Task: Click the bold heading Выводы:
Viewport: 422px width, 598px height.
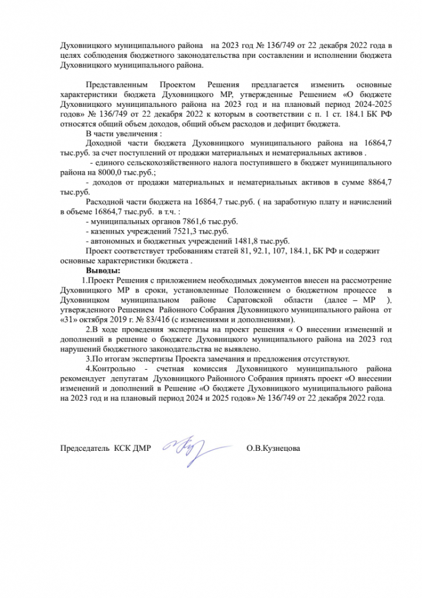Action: pos(103,272)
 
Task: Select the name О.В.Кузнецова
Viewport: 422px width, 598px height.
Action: pos(274,448)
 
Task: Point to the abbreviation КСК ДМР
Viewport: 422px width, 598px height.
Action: pos(132,448)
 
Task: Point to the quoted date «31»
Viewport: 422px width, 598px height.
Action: pos(69,320)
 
